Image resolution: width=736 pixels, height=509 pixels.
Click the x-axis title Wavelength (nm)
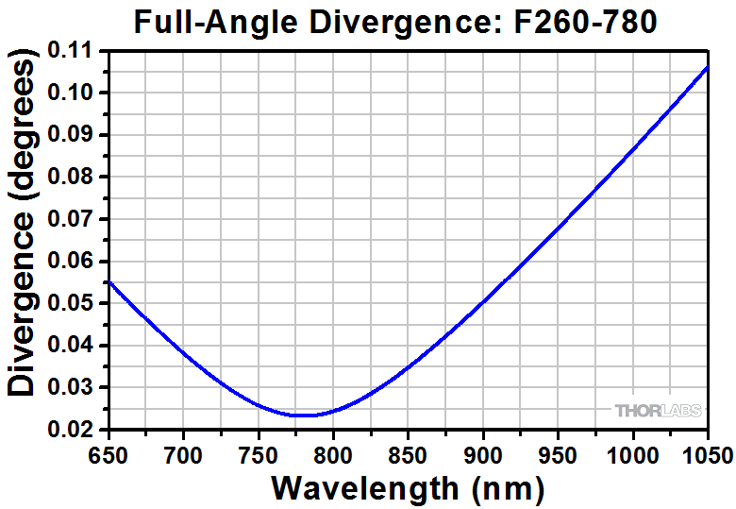click(408, 487)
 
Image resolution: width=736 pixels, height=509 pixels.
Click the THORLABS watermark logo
click(658, 411)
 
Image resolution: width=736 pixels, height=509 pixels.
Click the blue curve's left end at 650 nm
click(109, 281)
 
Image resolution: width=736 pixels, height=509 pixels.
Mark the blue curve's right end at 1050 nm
click(708, 67)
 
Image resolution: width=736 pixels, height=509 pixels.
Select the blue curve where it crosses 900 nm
click(483, 302)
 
